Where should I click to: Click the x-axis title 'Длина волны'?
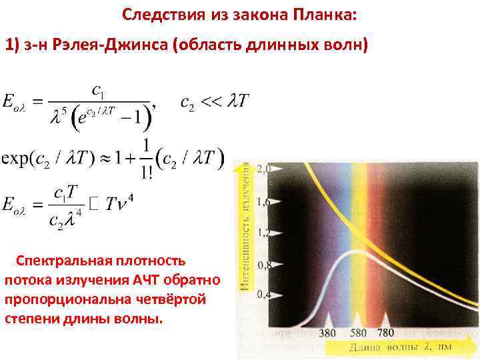[374, 347]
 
